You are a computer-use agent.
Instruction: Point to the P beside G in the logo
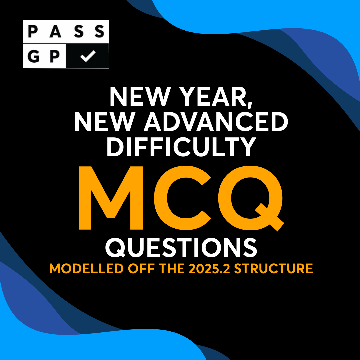[55, 56]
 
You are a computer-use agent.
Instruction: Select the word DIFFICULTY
[180, 147]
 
